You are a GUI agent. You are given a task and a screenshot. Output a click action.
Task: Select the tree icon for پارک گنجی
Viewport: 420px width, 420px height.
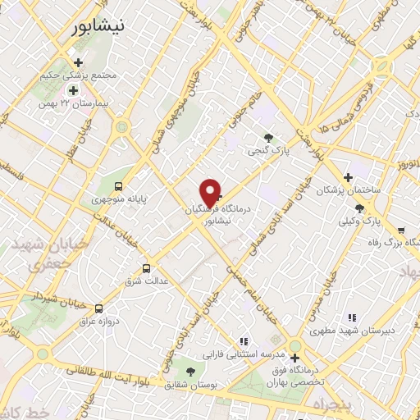267,137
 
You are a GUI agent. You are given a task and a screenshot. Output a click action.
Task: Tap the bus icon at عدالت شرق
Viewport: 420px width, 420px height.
147,267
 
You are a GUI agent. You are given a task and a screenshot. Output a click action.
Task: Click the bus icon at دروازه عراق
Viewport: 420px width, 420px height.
98,308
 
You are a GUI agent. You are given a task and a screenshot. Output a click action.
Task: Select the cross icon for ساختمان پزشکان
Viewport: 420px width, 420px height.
348,176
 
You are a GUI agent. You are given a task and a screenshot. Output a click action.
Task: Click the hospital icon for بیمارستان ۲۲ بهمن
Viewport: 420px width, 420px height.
73,90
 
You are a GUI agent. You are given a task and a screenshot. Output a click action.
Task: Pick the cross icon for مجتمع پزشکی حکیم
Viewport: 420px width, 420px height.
78,62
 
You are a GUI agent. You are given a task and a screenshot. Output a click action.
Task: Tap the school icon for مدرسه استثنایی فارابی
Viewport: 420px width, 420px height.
244,340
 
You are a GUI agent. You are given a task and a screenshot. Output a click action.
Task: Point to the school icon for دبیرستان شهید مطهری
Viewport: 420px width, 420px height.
352,317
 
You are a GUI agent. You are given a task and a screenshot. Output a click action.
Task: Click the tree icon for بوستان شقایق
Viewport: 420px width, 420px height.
191,371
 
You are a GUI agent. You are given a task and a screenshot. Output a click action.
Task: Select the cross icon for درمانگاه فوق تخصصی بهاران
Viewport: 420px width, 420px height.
294,357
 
